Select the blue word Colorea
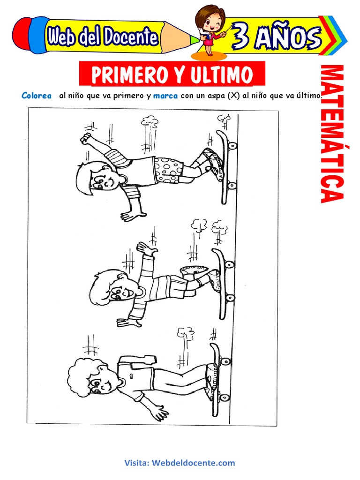(x=37, y=96)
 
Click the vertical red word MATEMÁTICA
(x=332, y=134)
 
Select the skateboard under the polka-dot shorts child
(x=225, y=167)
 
